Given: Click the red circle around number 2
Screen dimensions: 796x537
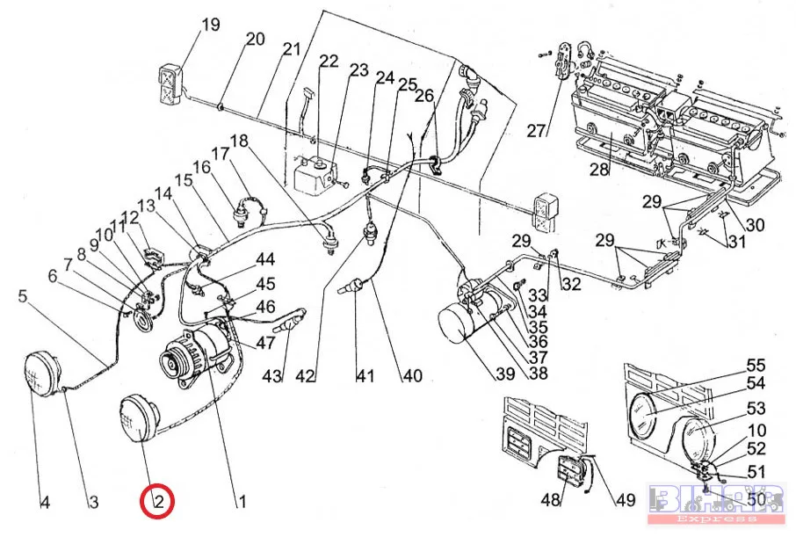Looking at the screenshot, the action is [157, 502].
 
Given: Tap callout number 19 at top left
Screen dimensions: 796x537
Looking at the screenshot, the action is [211, 25].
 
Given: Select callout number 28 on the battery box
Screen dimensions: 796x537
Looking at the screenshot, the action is [599, 169].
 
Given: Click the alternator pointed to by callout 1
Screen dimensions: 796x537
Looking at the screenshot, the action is [195, 356].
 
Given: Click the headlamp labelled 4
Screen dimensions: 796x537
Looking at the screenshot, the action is [42, 374].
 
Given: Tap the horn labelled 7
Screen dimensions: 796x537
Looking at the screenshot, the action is [142, 321].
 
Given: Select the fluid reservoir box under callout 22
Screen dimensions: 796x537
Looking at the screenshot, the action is [315, 175].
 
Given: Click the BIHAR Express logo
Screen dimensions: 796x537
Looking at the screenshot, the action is [717, 503].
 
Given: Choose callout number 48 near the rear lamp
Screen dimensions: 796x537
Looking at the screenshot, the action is [550, 500].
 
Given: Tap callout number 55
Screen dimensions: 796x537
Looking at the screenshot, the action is [756, 366].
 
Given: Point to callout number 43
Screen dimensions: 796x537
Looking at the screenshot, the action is [271, 376].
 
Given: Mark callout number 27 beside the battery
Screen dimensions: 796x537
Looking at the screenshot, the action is [536, 131].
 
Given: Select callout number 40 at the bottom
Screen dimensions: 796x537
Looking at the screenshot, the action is [412, 375].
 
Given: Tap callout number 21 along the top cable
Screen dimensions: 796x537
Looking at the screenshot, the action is [292, 49].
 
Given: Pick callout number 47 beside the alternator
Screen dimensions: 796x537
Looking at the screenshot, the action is [265, 343].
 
